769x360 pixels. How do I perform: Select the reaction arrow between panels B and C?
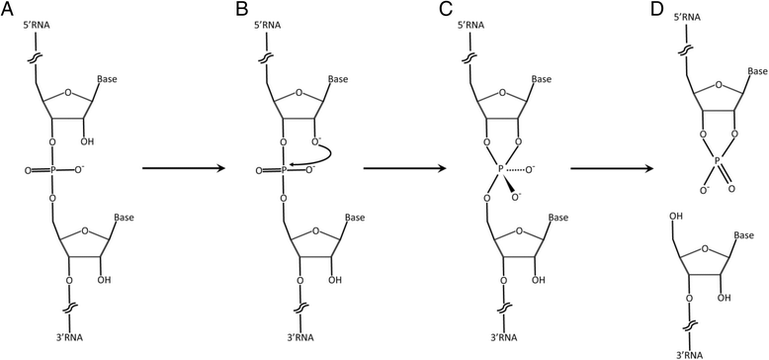tap(400, 168)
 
